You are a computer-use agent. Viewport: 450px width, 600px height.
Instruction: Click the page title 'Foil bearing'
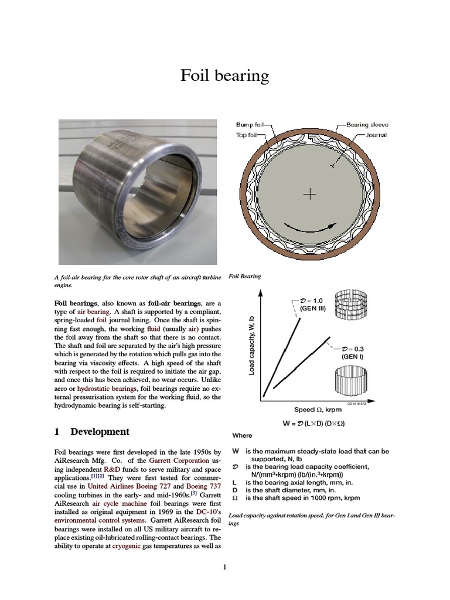point(224,76)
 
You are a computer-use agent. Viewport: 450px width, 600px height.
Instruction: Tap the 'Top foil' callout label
point(247,134)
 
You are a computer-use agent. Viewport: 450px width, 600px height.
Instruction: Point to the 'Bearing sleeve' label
point(367,124)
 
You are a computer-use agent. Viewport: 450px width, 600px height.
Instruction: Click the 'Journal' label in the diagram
point(376,134)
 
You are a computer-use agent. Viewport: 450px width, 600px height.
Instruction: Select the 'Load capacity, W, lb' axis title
point(251,346)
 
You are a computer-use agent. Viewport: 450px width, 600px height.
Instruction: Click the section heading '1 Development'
point(91,432)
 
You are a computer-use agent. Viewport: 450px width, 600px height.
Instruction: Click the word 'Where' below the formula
point(242,435)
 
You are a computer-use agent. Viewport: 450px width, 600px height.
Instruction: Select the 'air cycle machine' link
point(117,503)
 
